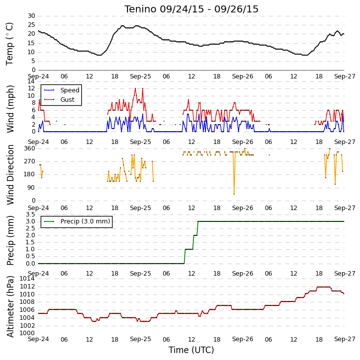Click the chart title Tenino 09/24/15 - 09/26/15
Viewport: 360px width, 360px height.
(191, 9)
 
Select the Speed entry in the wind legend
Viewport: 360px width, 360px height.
(62, 90)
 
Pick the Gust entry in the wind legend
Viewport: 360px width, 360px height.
(59, 99)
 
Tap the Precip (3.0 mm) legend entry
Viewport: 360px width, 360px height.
(77, 221)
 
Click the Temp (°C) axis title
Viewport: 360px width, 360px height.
(9, 44)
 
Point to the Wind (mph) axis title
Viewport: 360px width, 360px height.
(10, 109)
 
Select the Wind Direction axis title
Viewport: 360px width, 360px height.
(10, 175)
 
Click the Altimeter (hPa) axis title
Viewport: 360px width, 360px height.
(10, 306)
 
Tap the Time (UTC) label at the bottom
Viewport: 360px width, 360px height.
(191, 350)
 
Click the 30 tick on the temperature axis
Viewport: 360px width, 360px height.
(31, 16)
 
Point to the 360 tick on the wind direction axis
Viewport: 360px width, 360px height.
(30, 148)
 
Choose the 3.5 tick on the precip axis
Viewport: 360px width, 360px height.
(31, 215)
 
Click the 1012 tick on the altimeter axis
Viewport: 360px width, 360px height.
(27, 287)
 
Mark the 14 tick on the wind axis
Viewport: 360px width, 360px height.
(31, 81)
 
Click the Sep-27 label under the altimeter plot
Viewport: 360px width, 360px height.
(345, 339)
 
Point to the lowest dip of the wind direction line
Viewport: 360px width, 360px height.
(234, 194)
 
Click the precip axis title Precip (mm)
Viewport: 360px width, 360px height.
(10, 240)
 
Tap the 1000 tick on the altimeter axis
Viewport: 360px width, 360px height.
(27, 333)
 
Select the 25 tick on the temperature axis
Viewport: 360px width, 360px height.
(31, 25)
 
